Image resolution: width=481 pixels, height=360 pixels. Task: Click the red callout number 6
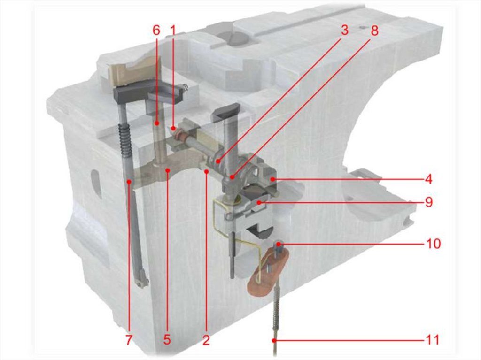pyautogui.click(x=156, y=30)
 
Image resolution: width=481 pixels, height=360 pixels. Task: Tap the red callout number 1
pyautogui.click(x=173, y=30)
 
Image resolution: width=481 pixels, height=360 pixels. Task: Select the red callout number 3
pyautogui.click(x=345, y=30)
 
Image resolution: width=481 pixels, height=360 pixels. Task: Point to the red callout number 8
pyautogui.click(x=374, y=30)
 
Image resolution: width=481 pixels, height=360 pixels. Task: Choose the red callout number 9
pyautogui.click(x=429, y=202)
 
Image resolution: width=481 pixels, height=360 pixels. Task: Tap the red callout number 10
pyautogui.click(x=433, y=244)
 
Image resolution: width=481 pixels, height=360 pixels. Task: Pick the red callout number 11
pyautogui.click(x=433, y=340)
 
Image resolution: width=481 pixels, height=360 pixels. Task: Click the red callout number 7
pyautogui.click(x=129, y=340)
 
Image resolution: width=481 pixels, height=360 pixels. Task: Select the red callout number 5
pyautogui.click(x=167, y=340)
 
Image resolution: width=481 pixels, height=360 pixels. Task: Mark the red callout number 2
pyautogui.click(x=206, y=340)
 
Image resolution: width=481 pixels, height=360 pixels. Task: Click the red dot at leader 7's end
pyautogui.click(x=129, y=182)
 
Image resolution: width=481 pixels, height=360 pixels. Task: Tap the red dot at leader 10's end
pyautogui.click(x=279, y=244)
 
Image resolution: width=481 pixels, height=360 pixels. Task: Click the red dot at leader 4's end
pyautogui.click(x=272, y=179)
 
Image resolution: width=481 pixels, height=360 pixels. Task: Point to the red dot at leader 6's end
pyautogui.click(x=157, y=123)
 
